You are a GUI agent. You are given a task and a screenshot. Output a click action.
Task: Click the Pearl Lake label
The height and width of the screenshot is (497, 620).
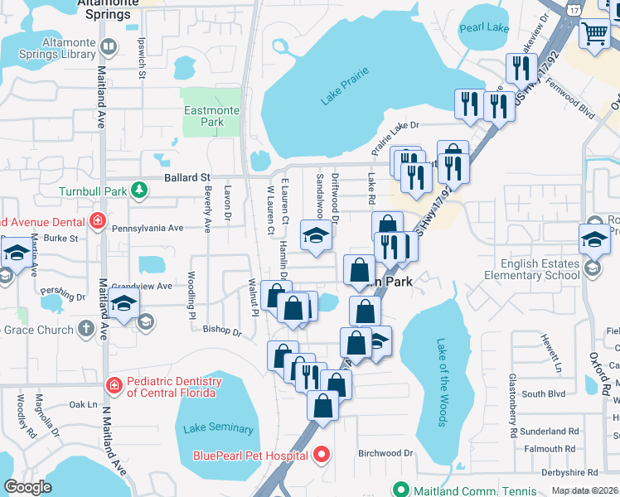pyautogui.click(x=485, y=28)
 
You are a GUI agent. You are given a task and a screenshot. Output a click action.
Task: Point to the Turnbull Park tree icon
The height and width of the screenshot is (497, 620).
pyautogui.click(x=140, y=191)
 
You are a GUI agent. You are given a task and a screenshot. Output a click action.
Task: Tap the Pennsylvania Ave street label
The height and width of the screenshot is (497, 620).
pyautogui.click(x=148, y=228)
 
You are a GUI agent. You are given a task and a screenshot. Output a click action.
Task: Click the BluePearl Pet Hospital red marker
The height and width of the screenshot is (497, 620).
pyautogui.click(x=323, y=455)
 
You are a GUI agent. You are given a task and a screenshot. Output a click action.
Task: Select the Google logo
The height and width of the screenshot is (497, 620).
pyautogui.click(x=27, y=487)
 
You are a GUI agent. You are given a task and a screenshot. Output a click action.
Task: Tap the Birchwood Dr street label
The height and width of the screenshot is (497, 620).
pyautogui.click(x=385, y=453)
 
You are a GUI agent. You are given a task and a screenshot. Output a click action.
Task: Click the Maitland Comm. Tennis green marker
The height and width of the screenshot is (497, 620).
pyautogui.click(x=400, y=489)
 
